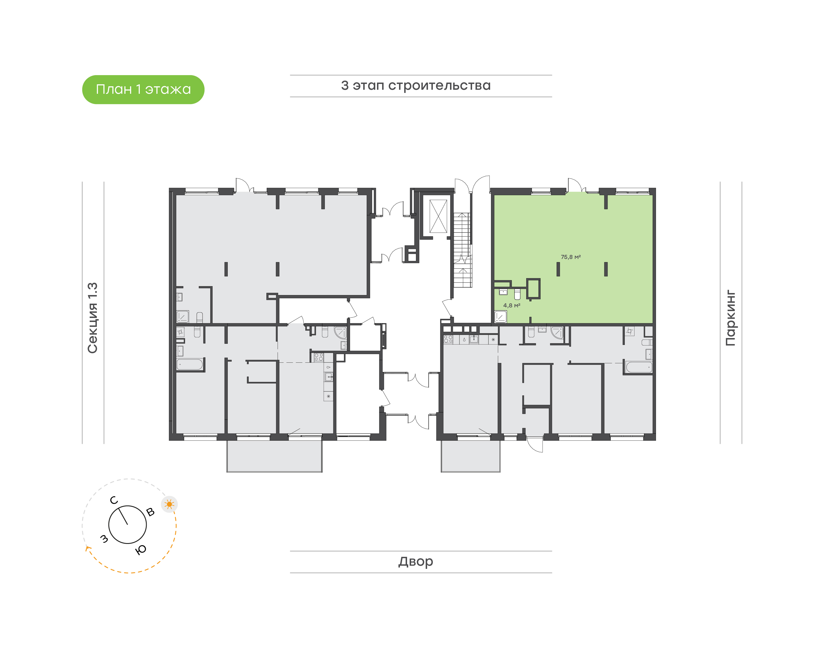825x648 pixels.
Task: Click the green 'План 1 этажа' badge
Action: click(143, 89)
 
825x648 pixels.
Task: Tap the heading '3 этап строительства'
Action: click(416, 86)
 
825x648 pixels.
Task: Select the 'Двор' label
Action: click(416, 561)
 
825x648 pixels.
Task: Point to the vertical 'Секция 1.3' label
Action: click(93, 318)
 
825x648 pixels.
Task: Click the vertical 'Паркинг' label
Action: click(730, 318)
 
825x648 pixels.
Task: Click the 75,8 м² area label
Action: click(571, 257)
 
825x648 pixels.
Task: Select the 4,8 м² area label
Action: click(512, 305)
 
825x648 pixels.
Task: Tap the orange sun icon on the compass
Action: click(169, 504)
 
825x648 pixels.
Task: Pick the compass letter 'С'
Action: click(114, 500)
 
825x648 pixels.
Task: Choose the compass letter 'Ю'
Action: click(141, 550)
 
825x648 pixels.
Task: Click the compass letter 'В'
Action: click(150, 512)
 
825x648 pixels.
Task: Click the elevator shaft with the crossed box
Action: click(439, 216)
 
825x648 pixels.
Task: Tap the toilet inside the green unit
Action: click(517, 294)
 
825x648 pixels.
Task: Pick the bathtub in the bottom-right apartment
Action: click(639, 367)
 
